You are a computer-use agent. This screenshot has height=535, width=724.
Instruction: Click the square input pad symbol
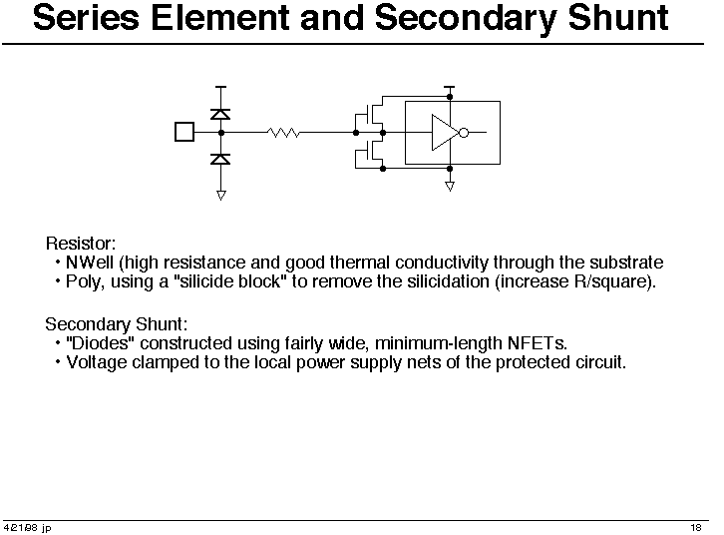[184, 132]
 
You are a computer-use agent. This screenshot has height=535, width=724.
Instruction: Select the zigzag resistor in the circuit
[283, 133]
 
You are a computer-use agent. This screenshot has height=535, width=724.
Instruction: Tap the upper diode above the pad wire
[220, 114]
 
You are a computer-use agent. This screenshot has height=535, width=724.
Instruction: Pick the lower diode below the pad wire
[220, 159]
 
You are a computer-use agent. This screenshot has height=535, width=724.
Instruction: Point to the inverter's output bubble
[464, 133]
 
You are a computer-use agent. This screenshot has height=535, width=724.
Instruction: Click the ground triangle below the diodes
[221, 196]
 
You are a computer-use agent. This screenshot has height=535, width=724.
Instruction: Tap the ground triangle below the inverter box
[450, 187]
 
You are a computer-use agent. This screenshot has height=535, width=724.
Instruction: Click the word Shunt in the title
[618, 18]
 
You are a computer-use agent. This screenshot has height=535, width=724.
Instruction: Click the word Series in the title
[87, 18]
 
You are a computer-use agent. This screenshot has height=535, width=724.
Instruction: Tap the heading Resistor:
[81, 243]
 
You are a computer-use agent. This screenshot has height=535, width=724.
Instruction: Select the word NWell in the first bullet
[90, 263]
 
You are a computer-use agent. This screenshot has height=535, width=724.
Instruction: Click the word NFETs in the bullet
[537, 343]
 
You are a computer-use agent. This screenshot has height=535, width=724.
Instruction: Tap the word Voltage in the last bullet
[97, 362]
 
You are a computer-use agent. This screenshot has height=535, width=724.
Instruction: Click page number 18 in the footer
[696, 527]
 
